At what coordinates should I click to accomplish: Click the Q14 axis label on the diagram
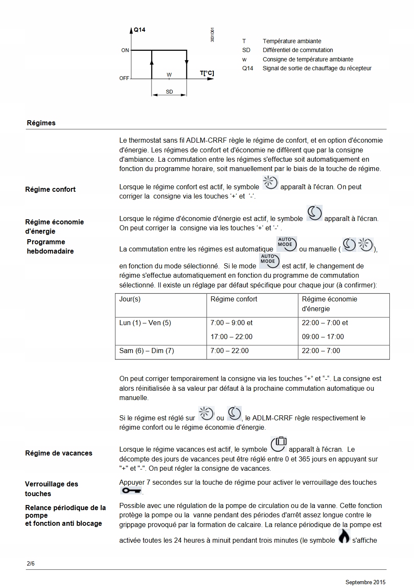[x=139, y=30]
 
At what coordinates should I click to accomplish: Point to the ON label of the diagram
[x=125, y=50]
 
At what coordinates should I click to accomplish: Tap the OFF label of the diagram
[x=124, y=78]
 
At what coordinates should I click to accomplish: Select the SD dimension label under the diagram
[x=169, y=92]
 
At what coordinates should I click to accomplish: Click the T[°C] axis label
[x=207, y=73]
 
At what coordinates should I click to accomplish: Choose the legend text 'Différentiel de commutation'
[x=298, y=50]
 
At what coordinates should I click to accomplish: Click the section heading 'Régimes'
[x=41, y=123]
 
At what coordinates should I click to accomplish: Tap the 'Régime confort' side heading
[x=50, y=189]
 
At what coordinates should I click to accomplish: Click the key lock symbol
[x=131, y=491]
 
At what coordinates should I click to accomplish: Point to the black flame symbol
[x=344, y=536]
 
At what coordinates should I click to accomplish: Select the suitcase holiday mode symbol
[x=279, y=444]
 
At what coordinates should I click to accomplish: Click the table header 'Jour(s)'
[x=130, y=299]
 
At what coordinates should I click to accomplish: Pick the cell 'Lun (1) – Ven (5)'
[x=145, y=323]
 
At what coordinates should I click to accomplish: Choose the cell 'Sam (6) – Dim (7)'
[x=146, y=351]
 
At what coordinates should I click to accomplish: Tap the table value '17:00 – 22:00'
[x=232, y=337]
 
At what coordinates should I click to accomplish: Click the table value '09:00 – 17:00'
[x=323, y=337]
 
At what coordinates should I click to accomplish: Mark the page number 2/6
[x=30, y=564]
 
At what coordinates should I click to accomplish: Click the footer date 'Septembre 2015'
[x=365, y=582]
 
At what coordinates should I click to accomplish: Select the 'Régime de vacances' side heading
[x=58, y=453]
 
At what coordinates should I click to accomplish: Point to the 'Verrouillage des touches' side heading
[x=51, y=489]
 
